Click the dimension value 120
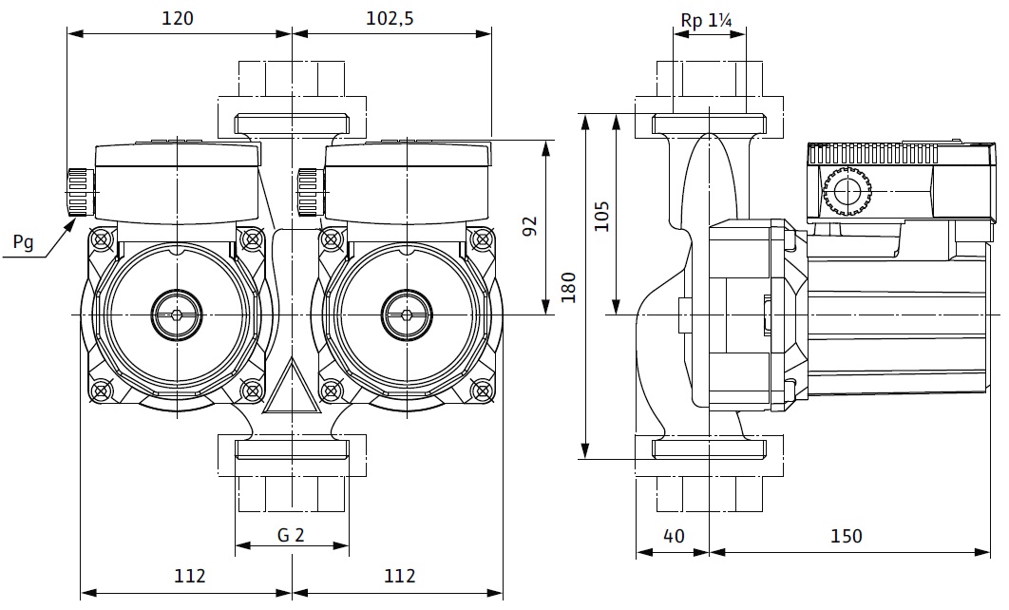pyautogui.click(x=179, y=18)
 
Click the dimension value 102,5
pyautogui.click(x=390, y=18)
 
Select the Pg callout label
pyautogui.click(x=23, y=243)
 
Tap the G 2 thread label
pyautogui.click(x=291, y=535)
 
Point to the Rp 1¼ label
pyautogui.click(x=708, y=20)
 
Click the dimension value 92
pyautogui.click(x=530, y=225)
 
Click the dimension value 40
pyautogui.click(x=673, y=536)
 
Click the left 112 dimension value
pyautogui.click(x=190, y=575)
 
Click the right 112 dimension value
pyautogui.click(x=400, y=575)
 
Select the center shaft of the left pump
pyautogui.click(x=176, y=312)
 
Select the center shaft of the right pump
pyautogui.click(x=407, y=312)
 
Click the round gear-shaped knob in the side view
pyautogui.click(x=845, y=193)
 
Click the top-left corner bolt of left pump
pyautogui.click(x=102, y=238)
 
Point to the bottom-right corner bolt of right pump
pyautogui.click(x=481, y=389)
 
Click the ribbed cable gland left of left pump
pyautogui.click(x=80, y=192)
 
